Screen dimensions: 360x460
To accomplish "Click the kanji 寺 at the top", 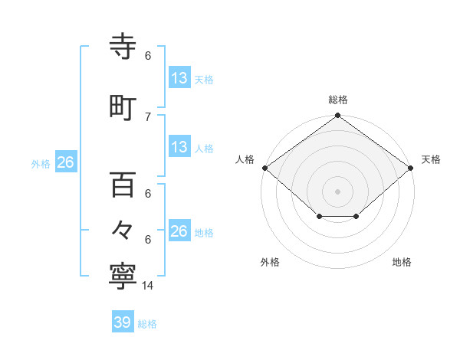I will point(123,47).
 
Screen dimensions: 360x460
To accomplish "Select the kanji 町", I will point(123,107).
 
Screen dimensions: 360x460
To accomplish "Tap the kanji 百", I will point(123,185).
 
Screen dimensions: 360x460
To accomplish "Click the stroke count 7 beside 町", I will point(148,116).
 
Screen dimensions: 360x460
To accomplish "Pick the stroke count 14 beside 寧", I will point(148,286).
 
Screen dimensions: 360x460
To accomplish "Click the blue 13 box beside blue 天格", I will point(179,77).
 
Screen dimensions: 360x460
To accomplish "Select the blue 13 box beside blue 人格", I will point(179,147).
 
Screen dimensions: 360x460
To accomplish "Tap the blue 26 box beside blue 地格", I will point(179,231).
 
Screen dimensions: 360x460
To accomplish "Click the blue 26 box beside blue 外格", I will point(65,162).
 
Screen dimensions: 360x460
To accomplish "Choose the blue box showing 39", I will point(123,322).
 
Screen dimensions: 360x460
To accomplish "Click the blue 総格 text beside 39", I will point(147,323).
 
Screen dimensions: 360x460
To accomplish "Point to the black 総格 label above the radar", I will point(338,100).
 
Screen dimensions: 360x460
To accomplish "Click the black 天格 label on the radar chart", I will point(432,159).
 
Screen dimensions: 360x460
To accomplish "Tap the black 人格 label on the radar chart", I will point(245,159).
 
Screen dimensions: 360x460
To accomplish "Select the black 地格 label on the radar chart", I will point(402,263).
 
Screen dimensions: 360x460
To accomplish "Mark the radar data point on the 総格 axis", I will point(338,116).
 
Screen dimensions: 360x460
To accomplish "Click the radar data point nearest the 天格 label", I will point(412,168).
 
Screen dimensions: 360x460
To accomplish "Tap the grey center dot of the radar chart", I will point(338,191).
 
